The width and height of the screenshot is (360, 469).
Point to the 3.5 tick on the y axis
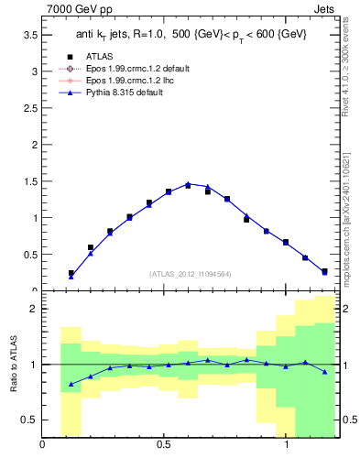[x=29, y=35]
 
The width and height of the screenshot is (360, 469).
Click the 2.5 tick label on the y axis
[x=29, y=108]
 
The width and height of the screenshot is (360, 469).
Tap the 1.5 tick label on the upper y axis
[x=29, y=181]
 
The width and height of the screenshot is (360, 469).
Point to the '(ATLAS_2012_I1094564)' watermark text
[x=189, y=274]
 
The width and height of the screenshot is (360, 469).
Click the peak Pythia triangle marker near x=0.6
[x=188, y=184]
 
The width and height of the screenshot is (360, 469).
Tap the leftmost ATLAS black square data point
[x=71, y=273]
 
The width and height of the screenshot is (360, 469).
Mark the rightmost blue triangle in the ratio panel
[x=324, y=371]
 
